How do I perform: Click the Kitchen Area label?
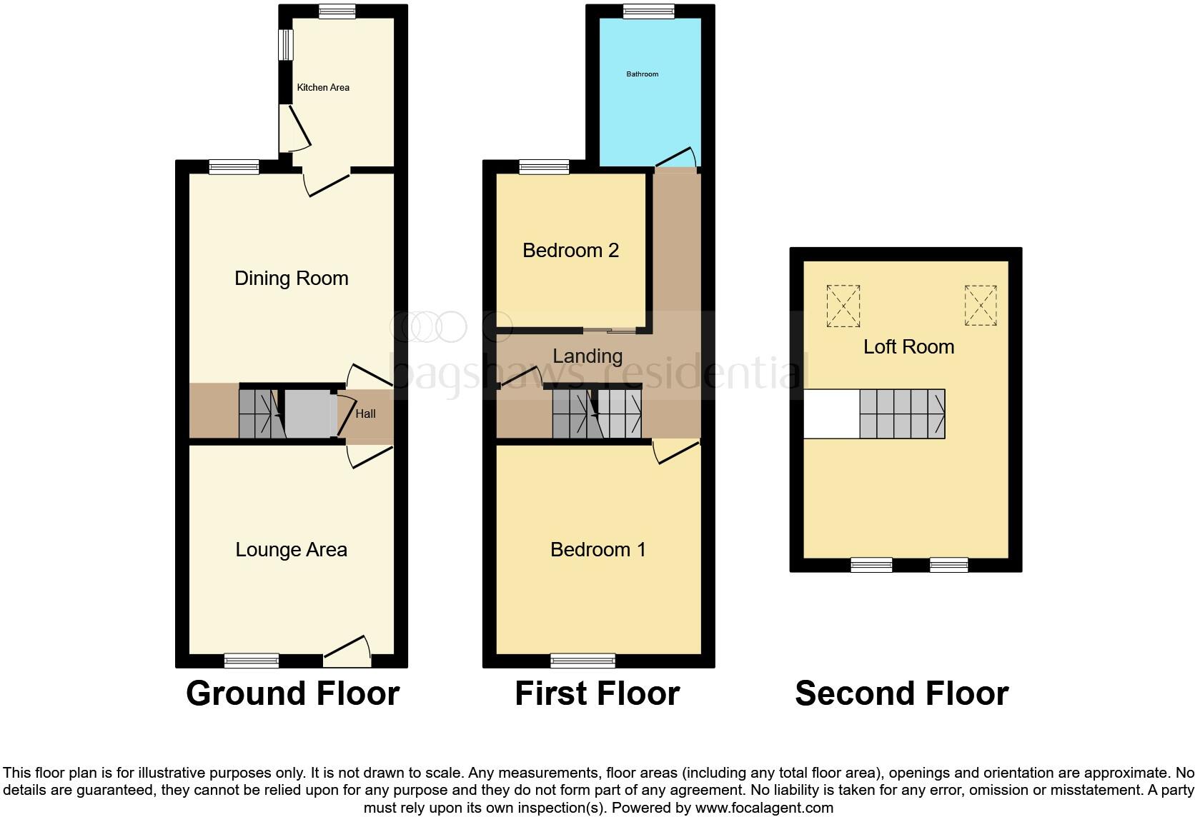[x=323, y=87]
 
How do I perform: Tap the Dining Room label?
[x=292, y=278]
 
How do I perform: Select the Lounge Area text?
[x=292, y=549]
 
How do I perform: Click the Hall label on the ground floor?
[x=365, y=413]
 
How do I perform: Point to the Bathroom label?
[x=642, y=74]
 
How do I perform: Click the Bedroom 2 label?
[x=570, y=250]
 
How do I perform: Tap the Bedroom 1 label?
[x=598, y=549]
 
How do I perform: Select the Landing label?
[x=587, y=356]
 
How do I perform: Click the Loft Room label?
[x=908, y=347]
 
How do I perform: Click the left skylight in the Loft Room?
[x=843, y=306]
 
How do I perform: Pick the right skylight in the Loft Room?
[x=980, y=306]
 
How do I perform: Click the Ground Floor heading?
[x=292, y=693]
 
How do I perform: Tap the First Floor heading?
[x=597, y=693]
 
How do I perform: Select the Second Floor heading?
[x=901, y=693]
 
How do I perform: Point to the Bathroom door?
[x=676, y=158]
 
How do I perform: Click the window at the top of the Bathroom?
[x=648, y=11]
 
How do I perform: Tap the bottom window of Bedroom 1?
[x=582, y=660]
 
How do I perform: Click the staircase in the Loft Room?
[x=902, y=413]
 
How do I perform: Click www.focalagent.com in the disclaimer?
[x=764, y=808]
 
